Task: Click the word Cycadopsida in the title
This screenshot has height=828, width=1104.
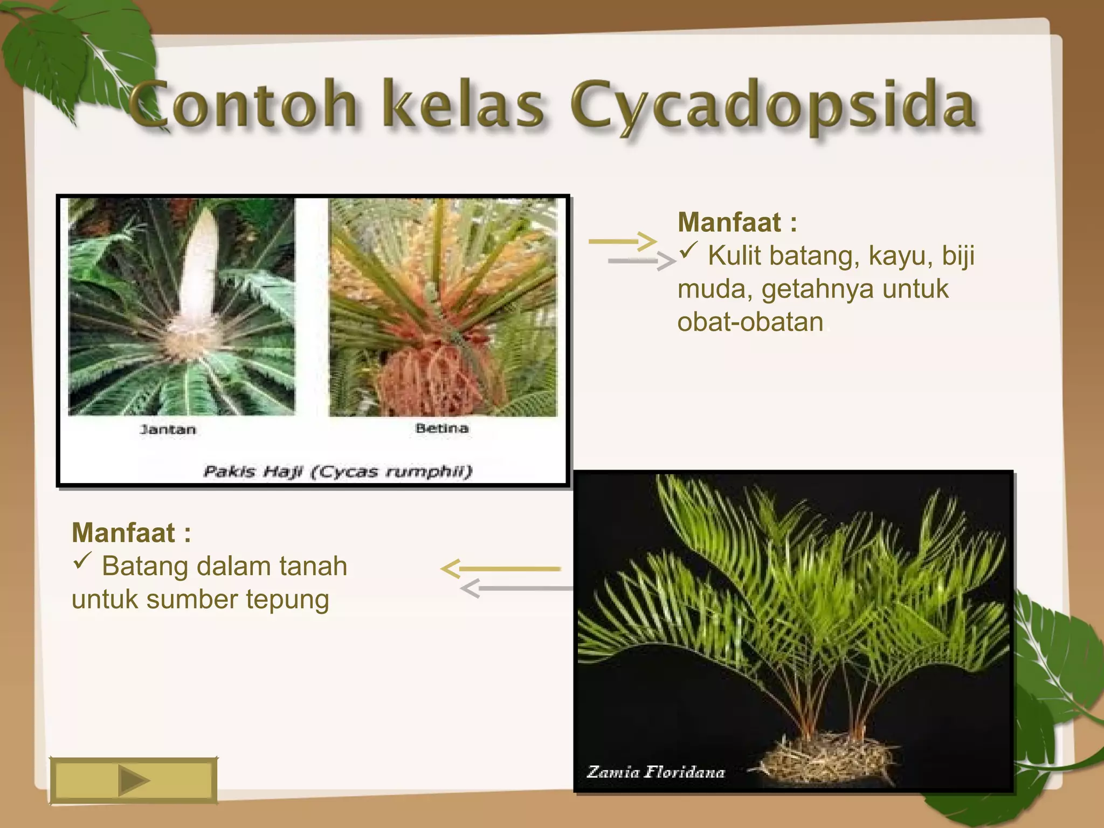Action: pos(774,105)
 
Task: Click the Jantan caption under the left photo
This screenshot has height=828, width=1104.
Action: pos(168,430)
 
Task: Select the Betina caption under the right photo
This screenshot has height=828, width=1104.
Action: pos(441,429)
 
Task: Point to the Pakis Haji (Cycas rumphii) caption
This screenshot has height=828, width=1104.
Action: pos(337,471)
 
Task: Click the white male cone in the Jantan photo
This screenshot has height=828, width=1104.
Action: pos(199,270)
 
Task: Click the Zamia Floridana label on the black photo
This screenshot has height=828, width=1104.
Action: pos(655,772)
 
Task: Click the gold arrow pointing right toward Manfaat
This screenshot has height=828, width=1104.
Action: pos(622,241)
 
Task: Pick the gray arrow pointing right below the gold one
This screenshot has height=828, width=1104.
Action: pos(641,261)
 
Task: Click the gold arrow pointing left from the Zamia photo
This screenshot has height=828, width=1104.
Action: pos(501,569)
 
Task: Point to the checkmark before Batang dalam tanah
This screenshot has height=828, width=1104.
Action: pos(82,561)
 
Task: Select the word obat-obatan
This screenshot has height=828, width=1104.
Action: pos(750,322)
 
